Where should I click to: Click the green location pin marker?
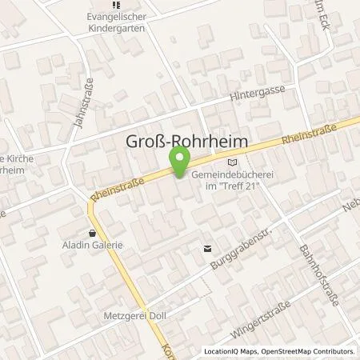(182, 162)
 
